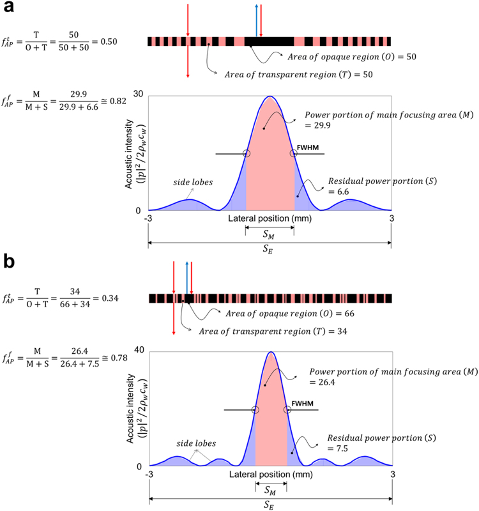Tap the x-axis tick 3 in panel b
[392, 475]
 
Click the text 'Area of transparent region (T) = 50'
[299, 75]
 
